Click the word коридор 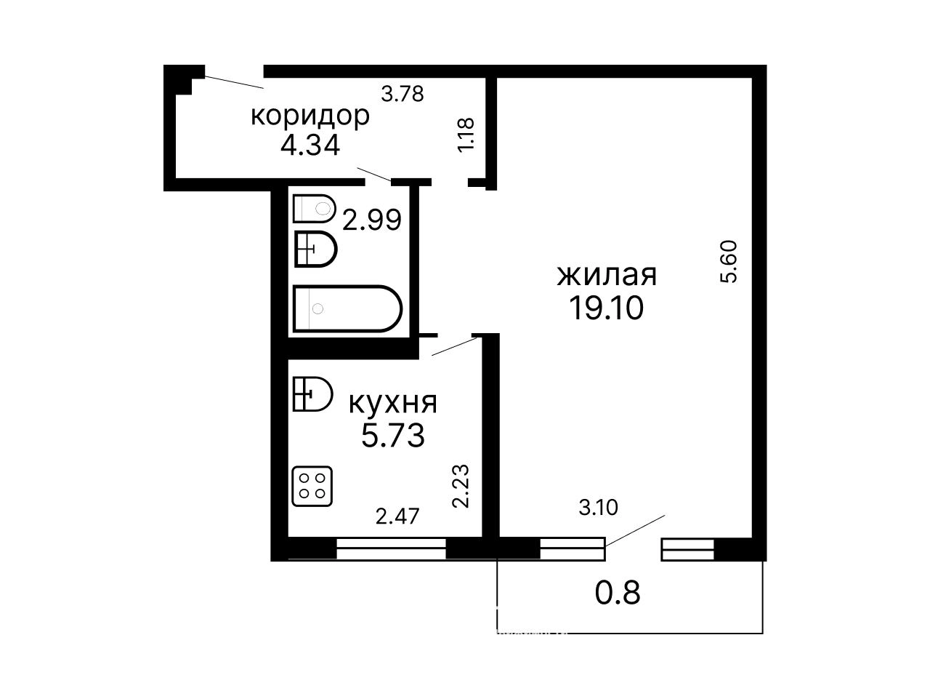pyautogui.click(x=310, y=116)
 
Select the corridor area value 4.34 pyautogui.click(x=310, y=145)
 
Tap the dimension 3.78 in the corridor pyautogui.click(x=402, y=94)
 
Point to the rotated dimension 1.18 pyautogui.click(x=466, y=134)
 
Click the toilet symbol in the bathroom pyautogui.click(x=315, y=208)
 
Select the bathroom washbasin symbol pyautogui.click(x=315, y=249)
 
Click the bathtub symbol pyautogui.click(x=347, y=308)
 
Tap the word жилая pyautogui.click(x=607, y=275)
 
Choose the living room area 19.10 pyautogui.click(x=606, y=308)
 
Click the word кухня pyautogui.click(x=393, y=403)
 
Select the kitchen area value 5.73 pyautogui.click(x=393, y=436)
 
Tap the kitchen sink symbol pyautogui.click(x=312, y=394)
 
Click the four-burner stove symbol pyautogui.click(x=312, y=486)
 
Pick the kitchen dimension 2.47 pyautogui.click(x=397, y=516)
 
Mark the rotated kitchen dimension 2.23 pyautogui.click(x=461, y=486)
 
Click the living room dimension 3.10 pyautogui.click(x=598, y=507)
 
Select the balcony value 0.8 pyautogui.click(x=618, y=593)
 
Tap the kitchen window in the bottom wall pyautogui.click(x=391, y=548)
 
